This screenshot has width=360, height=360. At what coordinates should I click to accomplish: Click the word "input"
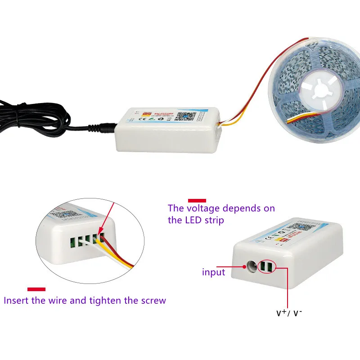pos(213,272)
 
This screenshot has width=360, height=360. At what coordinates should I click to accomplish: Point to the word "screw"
pos(153,300)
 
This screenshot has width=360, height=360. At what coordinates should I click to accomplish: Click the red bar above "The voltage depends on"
pos(197,200)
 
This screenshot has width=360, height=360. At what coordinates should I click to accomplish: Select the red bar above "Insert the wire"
pos(36,289)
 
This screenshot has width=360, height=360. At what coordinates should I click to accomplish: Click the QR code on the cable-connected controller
pos(182,116)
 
